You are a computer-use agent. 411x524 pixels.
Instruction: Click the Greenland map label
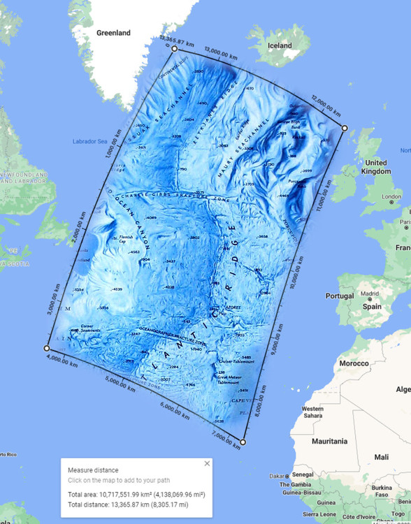(x=113, y=33)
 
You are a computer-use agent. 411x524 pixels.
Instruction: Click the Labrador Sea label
(x=89, y=142)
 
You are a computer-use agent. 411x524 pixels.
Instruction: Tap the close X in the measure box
(x=207, y=463)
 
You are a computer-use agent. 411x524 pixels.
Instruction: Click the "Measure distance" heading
(x=93, y=470)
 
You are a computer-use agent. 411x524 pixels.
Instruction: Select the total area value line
(x=136, y=495)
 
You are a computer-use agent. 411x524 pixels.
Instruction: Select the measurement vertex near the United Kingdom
(x=344, y=128)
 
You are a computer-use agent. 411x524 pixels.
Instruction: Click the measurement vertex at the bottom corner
(x=243, y=442)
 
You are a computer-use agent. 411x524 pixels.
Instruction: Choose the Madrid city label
(x=369, y=294)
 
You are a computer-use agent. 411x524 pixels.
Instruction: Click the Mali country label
(x=381, y=457)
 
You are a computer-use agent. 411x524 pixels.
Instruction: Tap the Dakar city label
(x=277, y=476)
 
